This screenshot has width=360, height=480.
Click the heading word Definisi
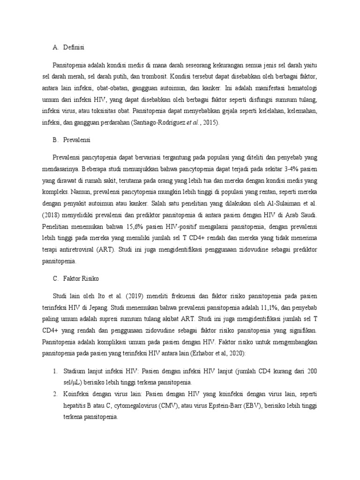[74, 47]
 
